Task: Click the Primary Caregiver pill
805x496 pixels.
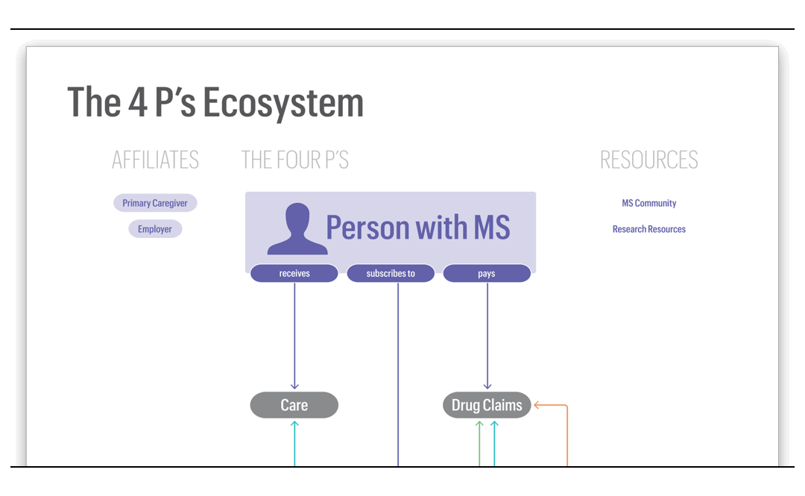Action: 155,203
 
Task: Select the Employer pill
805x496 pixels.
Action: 155,229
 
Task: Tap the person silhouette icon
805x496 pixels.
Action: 297,229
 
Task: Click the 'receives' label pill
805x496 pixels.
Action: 294,274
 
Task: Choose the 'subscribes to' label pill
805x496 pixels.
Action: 391,274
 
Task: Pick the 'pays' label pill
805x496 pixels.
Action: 487,274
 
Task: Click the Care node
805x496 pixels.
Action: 294,405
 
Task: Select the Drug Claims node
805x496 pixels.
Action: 487,405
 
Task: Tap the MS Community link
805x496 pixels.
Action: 649,203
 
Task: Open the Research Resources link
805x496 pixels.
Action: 649,229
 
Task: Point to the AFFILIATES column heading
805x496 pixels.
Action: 155,160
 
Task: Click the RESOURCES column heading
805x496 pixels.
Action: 649,160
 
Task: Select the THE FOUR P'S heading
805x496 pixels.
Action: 295,160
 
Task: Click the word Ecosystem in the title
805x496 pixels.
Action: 283,103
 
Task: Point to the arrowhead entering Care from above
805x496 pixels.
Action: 294,386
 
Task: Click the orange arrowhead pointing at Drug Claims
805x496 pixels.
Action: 537,405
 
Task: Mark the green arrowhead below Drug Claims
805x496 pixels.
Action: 480,424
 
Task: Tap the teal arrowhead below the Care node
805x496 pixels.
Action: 294,424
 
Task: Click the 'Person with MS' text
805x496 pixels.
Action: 418,227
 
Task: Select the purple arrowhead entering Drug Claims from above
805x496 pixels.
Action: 487,386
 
